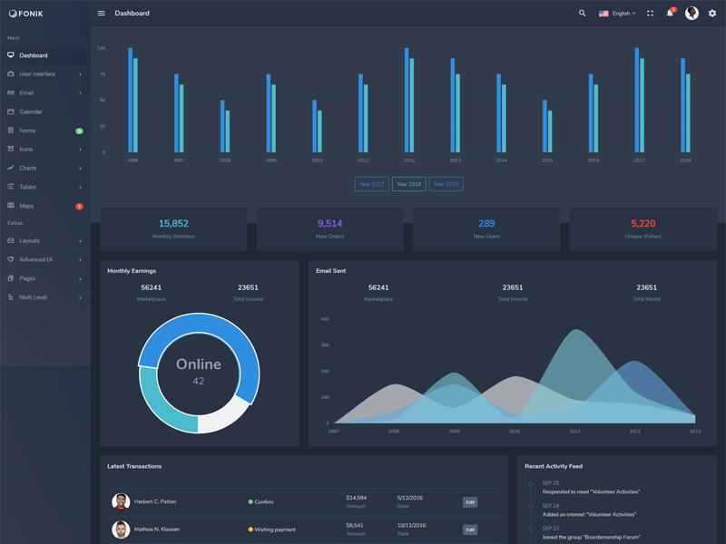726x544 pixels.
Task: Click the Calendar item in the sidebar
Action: point(31,112)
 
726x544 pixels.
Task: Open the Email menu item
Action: point(26,92)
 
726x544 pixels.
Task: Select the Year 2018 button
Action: point(408,184)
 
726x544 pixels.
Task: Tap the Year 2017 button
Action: point(371,184)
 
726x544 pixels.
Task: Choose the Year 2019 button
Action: point(446,184)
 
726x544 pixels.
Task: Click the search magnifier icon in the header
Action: point(583,14)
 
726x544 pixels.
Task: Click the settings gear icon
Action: point(712,14)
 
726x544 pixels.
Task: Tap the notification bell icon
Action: point(670,14)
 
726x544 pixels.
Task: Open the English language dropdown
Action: point(617,14)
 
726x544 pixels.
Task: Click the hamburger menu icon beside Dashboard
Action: point(101,14)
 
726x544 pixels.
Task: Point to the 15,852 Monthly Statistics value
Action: point(173,223)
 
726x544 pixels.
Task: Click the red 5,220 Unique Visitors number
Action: point(643,223)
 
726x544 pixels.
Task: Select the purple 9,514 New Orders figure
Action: point(329,223)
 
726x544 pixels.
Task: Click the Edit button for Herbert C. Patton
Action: point(470,502)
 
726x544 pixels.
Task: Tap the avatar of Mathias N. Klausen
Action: point(121,529)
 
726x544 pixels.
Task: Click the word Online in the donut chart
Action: point(198,364)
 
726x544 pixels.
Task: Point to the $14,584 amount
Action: point(356,498)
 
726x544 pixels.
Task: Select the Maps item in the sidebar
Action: point(26,206)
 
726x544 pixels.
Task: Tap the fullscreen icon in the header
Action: point(650,14)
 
